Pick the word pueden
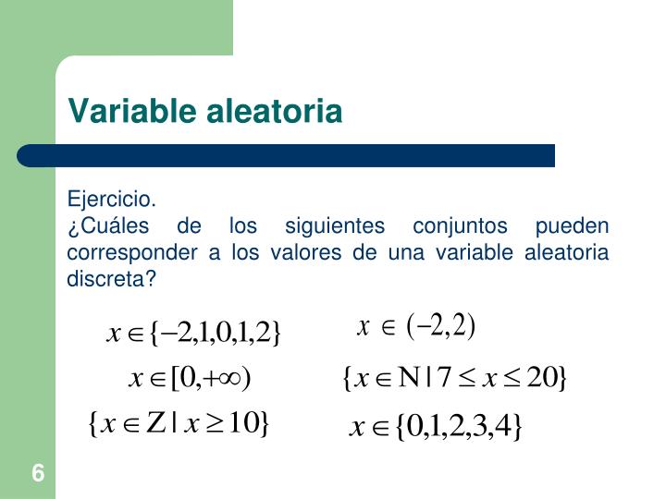(572, 226)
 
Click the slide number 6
(37, 474)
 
